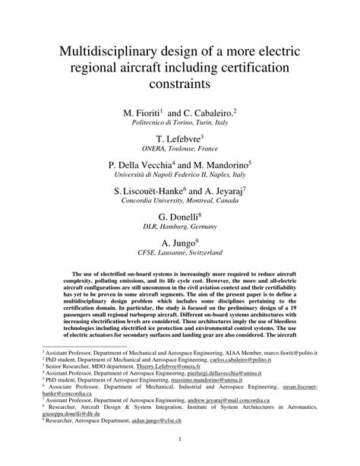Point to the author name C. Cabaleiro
(x=207, y=113)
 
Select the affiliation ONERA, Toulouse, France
(x=180, y=149)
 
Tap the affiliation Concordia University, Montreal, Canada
(x=180, y=202)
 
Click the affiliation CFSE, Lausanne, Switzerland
(x=180, y=253)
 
